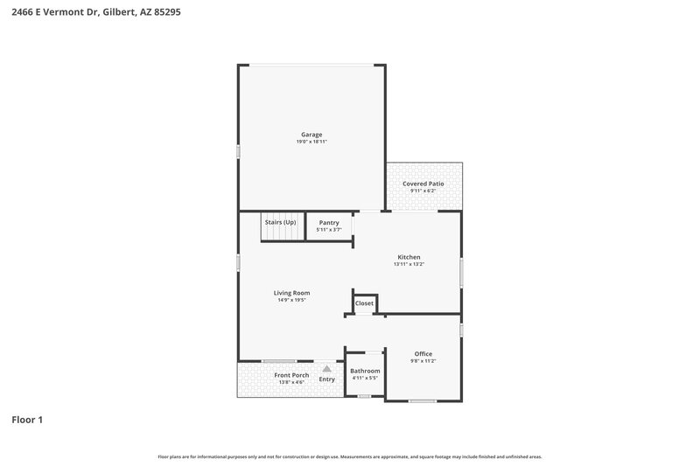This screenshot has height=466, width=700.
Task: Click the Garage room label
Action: (x=311, y=135)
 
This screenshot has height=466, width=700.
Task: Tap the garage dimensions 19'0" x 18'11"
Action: (x=311, y=142)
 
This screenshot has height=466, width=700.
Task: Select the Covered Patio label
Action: (x=423, y=184)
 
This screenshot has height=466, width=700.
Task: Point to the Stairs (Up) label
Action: (x=280, y=222)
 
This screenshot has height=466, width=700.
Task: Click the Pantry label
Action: (x=329, y=223)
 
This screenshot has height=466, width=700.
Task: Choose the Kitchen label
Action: (x=409, y=257)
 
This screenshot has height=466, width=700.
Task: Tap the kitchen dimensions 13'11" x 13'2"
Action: (x=409, y=264)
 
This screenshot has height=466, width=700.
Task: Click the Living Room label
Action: (x=291, y=293)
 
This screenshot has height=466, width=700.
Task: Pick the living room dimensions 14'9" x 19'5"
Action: (x=291, y=300)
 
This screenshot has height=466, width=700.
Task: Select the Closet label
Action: (x=365, y=303)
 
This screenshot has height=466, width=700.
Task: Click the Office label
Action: (x=423, y=354)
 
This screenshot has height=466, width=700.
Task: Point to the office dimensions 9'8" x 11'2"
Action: (x=423, y=361)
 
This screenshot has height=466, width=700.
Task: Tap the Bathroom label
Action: (x=365, y=371)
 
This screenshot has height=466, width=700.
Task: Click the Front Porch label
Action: (x=291, y=375)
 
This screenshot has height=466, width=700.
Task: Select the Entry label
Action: (x=326, y=379)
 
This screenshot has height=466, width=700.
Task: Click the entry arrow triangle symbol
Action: (x=326, y=369)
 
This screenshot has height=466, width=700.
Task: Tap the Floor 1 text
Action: (x=27, y=421)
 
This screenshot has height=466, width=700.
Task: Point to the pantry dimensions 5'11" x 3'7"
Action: (x=329, y=230)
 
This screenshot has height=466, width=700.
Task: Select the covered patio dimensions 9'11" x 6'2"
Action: (x=423, y=191)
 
